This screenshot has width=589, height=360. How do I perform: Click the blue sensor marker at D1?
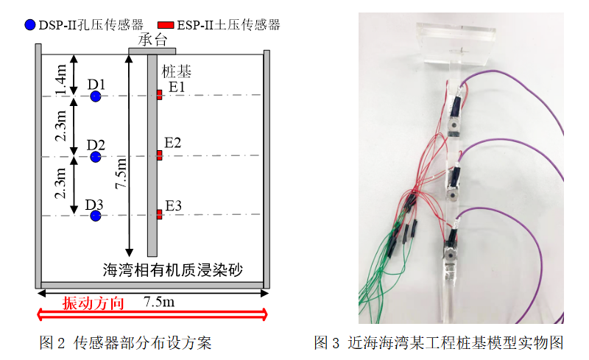click(95, 96)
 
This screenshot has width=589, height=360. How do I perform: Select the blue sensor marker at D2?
click(95, 156)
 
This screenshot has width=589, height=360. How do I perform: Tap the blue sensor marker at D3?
click(95, 216)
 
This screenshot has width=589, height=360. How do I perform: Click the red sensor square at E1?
click(159, 94)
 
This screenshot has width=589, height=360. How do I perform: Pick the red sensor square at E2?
click(159, 155)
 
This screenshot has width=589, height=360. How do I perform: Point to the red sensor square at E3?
click(159, 214)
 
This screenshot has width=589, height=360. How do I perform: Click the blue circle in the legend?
click(29, 25)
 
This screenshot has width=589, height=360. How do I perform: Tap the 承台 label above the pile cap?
click(152, 39)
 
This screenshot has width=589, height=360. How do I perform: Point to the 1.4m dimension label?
click(62, 77)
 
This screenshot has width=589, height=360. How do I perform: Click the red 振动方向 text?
click(88, 303)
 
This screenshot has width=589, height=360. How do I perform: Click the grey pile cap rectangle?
click(152, 51)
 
